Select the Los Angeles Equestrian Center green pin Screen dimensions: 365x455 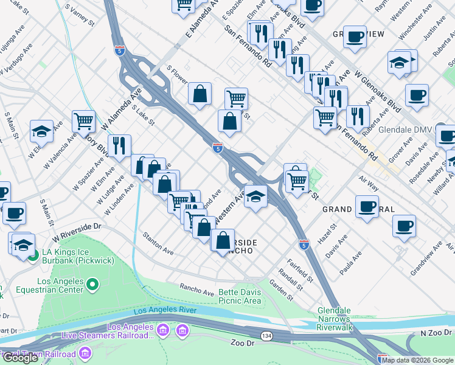[92, 283]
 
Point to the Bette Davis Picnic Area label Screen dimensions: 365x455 [240, 296]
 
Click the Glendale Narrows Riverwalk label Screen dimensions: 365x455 [335, 319]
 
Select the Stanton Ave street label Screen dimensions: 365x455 [158, 242]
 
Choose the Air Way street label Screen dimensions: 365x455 [369, 181]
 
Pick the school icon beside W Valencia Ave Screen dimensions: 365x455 [41, 130]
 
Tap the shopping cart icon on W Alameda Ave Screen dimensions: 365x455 [83, 120]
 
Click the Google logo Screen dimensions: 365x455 [20, 357]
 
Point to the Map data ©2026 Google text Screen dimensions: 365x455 [417, 360]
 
